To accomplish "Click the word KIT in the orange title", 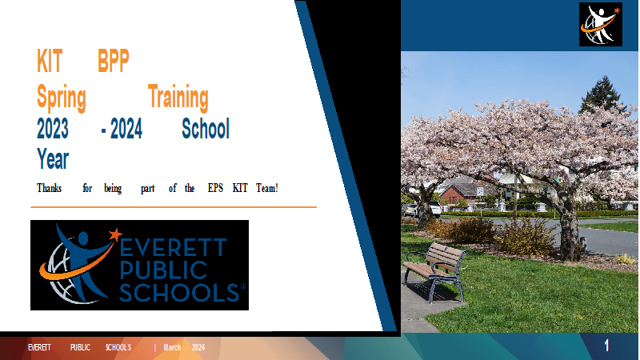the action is point(50,61).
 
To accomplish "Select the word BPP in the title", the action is point(114,61).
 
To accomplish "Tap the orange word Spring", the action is point(62,98).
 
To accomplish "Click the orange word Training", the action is point(178,98).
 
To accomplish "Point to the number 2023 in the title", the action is point(53,129).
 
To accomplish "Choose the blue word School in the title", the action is point(206,129).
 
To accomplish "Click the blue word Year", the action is point(53,158).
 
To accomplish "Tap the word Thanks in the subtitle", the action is point(50,188).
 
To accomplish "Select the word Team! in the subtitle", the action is point(267,188).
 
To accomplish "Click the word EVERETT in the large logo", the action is point(173,247).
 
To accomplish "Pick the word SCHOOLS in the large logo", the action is point(179,292).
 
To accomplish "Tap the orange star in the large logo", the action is point(115,234).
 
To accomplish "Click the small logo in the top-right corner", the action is point(601,24).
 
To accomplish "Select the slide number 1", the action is point(606,346).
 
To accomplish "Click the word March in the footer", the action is point(172,347).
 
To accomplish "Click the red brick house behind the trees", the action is point(457,193).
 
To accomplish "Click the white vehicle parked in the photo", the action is point(434,208).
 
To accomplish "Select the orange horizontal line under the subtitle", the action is point(174,207).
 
